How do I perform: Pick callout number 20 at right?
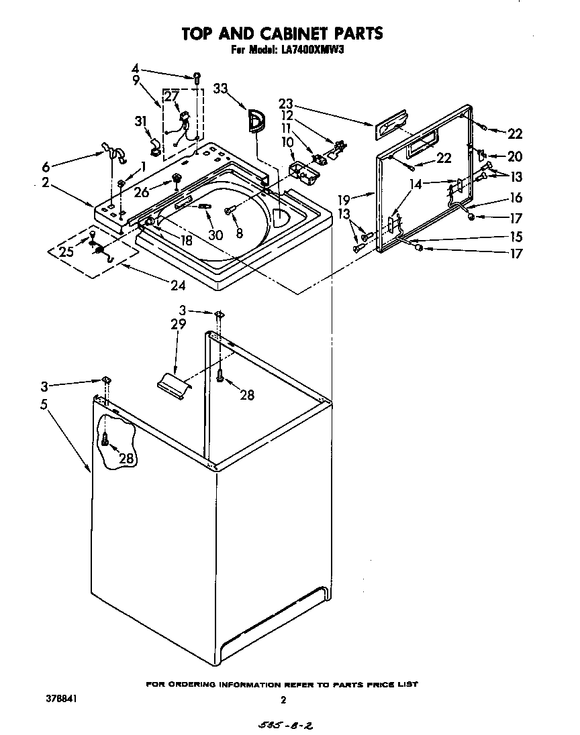pyautogui.click(x=514, y=157)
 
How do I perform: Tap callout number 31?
pyautogui.click(x=140, y=121)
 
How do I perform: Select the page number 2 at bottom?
pyautogui.click(x=283, y=700)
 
